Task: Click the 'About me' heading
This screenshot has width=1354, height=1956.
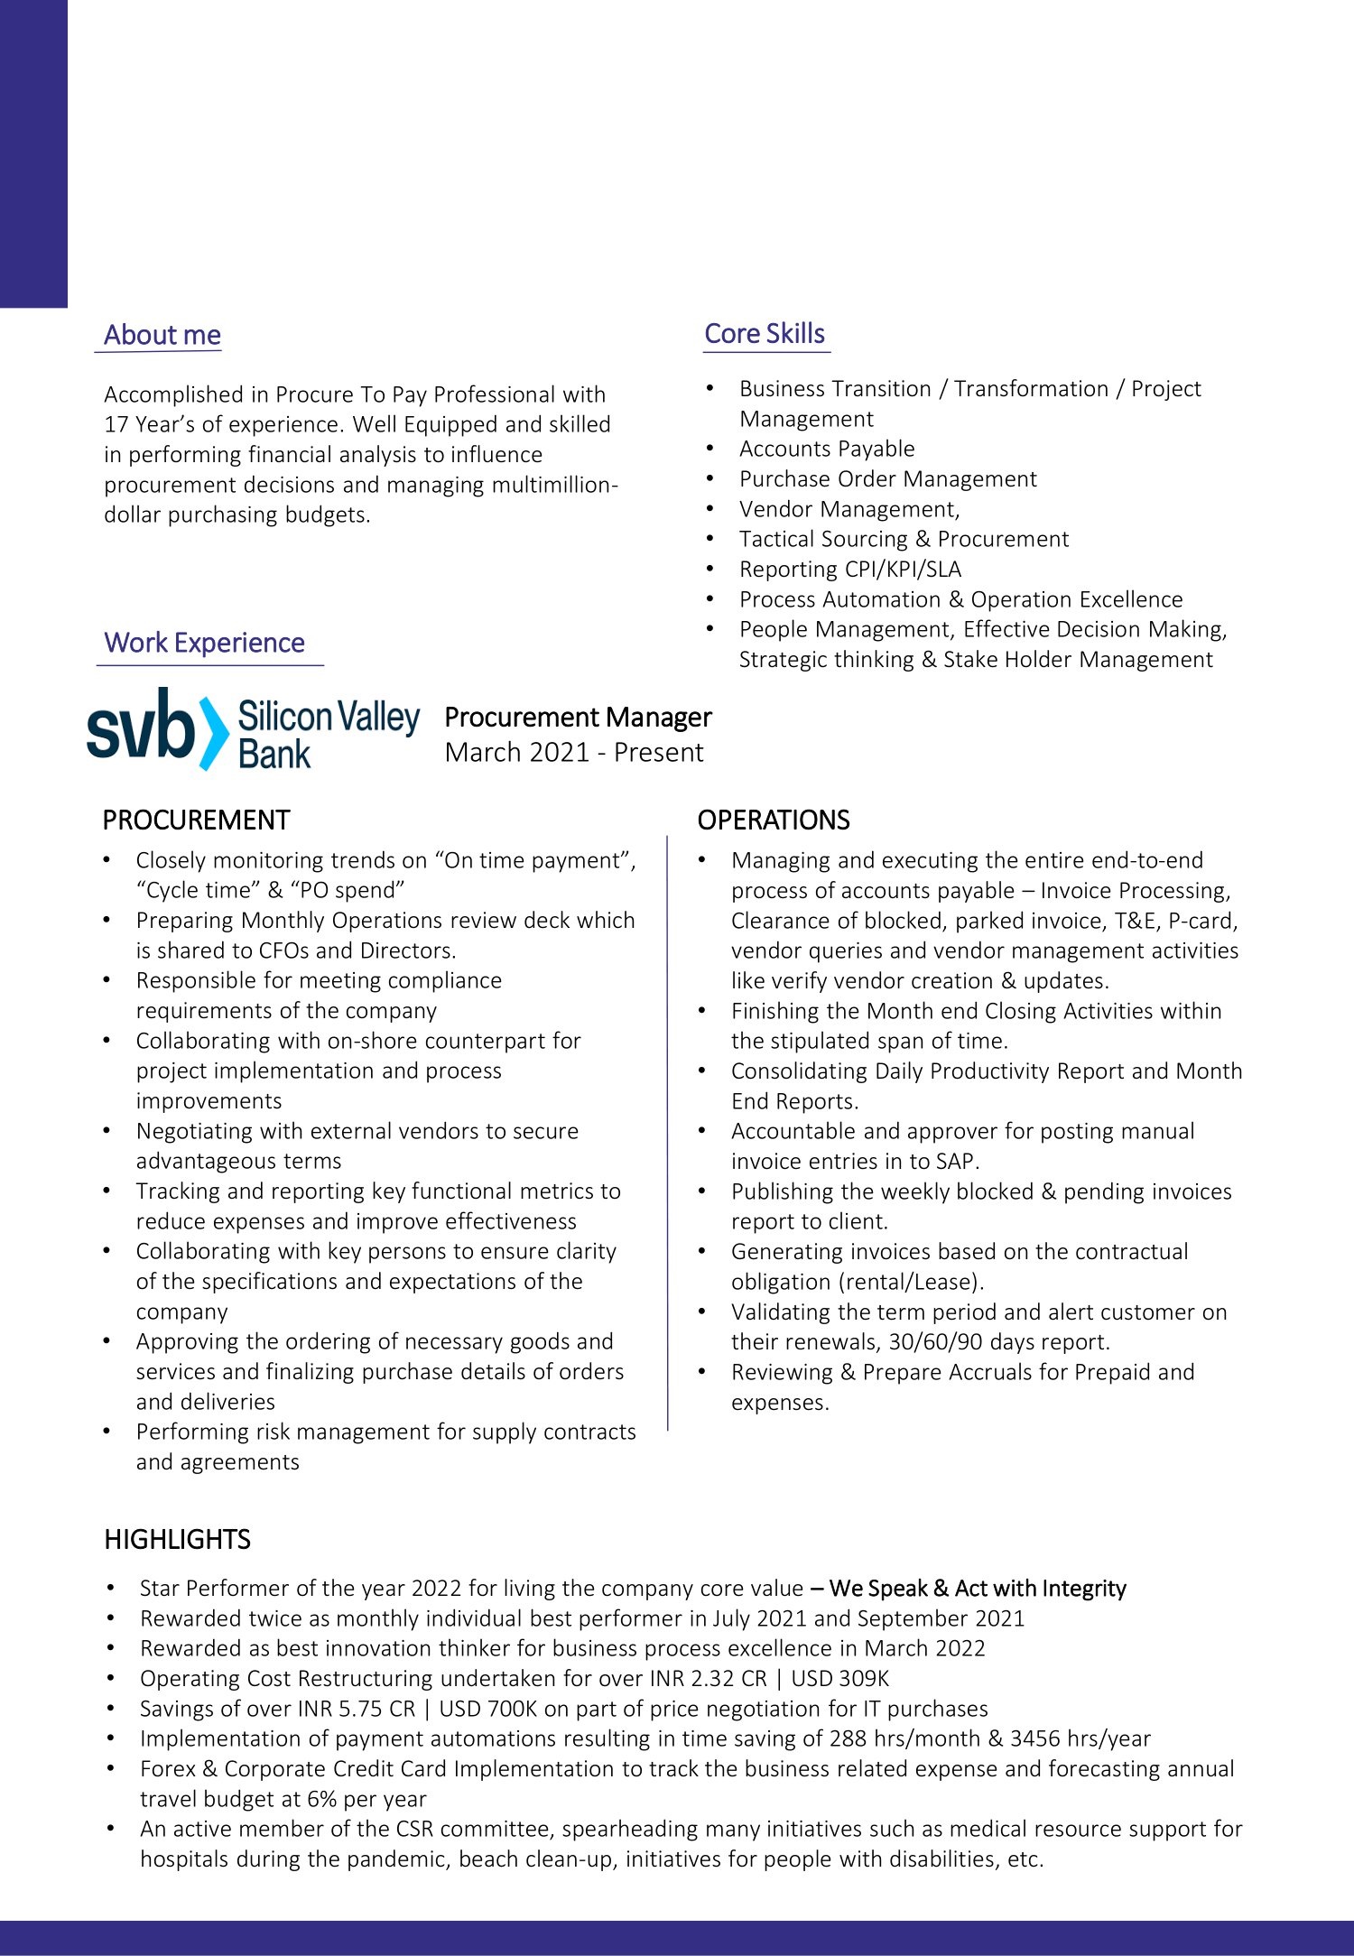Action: click(x=162, y=335)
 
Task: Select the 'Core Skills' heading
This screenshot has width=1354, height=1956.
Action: click(x=764, y=334)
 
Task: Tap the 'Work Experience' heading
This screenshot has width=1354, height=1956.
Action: click(x=204, y=643)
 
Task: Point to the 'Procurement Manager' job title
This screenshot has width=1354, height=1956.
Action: click(x=578, y=718)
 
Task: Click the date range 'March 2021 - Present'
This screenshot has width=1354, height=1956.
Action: click(x=573, y=752)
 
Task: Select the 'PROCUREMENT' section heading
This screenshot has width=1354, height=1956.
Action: click(x=196, y=820)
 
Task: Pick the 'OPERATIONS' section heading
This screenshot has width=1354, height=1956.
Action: click(x=773, y=820)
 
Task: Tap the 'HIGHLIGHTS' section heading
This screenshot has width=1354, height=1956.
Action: click(x=177, y=1539)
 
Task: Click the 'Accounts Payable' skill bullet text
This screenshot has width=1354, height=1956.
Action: click(x=826, y=449)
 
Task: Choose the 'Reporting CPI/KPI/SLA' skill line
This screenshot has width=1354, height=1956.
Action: click(x=849, y=570)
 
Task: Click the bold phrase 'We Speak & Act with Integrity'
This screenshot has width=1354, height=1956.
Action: click(x=977, y=1589)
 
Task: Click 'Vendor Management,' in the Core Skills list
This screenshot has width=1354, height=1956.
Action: click(x=849, y=509)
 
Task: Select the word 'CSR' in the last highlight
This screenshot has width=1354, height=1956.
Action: click(x=414, y=1829)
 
